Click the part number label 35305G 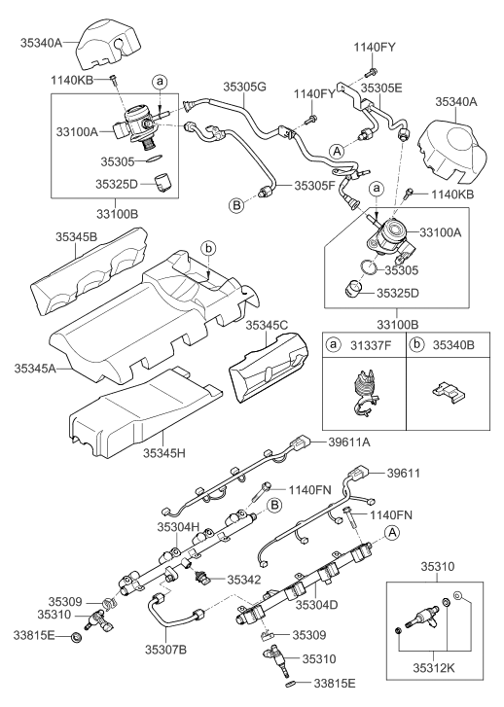click(x=244, y=87)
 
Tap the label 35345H click(x=164, y=453)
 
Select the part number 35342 click(x=243, y=580)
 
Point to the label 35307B click(x=165, y=650)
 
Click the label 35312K click(x=434, y=667)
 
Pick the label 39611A click(x=348, y=442)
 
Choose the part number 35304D click(x=317, y=605)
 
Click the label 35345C click(x=267, y=325)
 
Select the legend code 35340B click(x=453, y=345)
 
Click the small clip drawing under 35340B click(x=448, y=391)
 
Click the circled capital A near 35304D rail click(x=392, y=533)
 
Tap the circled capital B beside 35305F click(x=235, y=205)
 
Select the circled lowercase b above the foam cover click(x=209, y=248)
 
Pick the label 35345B click(x=76, y=236)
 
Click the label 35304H click(x=178, y=526)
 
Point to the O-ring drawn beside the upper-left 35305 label click(x=155, y=159)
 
